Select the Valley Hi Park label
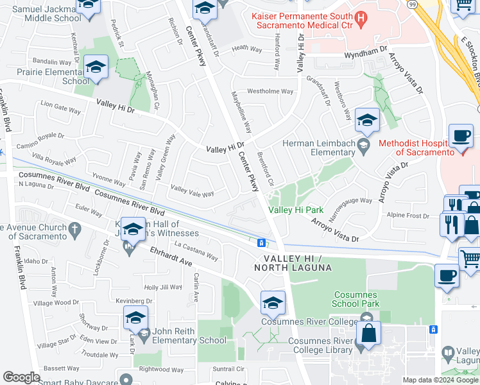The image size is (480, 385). coord(295,210)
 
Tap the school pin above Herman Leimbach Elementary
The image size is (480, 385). coord(367,121)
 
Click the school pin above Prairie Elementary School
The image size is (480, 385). coord(95,67)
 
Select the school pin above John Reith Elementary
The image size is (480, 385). coord(135,318)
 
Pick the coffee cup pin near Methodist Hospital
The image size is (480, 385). coord(461,137)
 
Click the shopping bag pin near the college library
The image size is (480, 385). coord(369,334)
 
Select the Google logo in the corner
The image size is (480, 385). coord(21,377)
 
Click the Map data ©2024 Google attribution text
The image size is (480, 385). coord(441,380)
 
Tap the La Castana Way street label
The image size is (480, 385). coord(196,250)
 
